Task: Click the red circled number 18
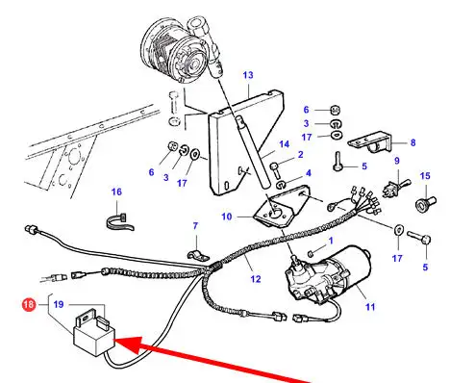click(x=29, y=304)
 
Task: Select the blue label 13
click(x=248, y=75)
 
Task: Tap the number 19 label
click(x=59, y=304)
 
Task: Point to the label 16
click(x=116, y=191)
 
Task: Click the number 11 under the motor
click(x=370, y=307)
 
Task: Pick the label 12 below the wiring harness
click(x=256, y=279)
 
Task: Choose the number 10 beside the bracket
click(x=227, y=217)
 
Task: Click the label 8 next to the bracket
click(x=412, y=142)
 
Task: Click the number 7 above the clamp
click(x=195, y=226)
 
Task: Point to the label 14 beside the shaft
click(x=284, y=144)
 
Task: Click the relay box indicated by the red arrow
click(x=94, y=335)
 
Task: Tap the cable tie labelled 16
click(x=119, y=222)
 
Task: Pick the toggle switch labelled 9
click(x=396, y=189)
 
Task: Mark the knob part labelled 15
click(x=425, y=203)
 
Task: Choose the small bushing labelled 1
click(x=311, y=254)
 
